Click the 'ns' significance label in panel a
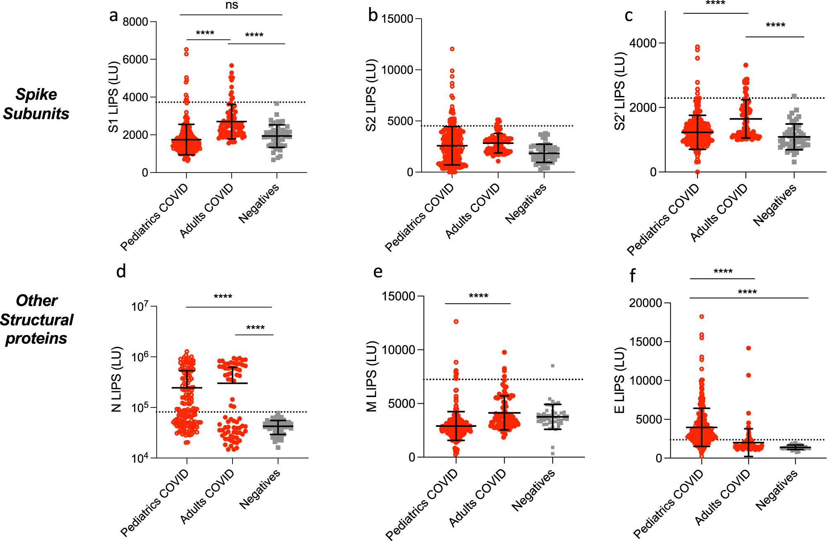tap(232, 5)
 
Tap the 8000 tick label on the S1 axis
tap(135, 22)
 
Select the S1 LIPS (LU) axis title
tap(113, 97)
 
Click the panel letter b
tap(373, 15)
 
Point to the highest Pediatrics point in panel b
tap(452, 49)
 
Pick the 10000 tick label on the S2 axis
tap(397, 70)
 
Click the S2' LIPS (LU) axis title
tap(619, 91)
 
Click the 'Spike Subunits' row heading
tap(36, 104)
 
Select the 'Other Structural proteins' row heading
tap(36, 319)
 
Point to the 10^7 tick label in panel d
tap(139, 307)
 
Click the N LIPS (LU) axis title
tap(116, 379)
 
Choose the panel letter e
tap(378, 272)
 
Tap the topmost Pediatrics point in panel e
tap(456, 321)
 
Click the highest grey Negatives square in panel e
tap(552, 366)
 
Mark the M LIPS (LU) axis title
tap(372, 376)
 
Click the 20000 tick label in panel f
tap(645, 303)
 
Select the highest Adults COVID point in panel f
tap(748, 348)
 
